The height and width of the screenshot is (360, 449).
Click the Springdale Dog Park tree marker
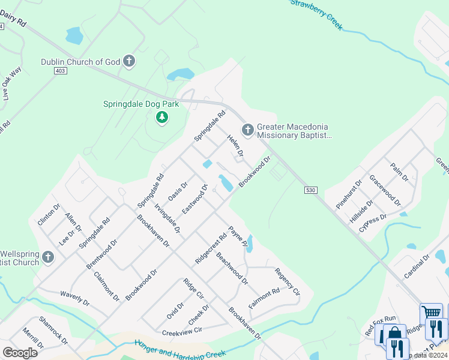pyautogui.click(x=161, y=117)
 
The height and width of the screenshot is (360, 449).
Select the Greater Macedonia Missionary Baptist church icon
pyautogui.click(x=247, y=130)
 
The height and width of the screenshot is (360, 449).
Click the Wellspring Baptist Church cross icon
pyautogui.click(x=48, y=257)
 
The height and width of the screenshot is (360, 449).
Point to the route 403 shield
pyautogui.click(x=59, y=71)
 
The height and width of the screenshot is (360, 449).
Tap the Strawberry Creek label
pyautogui.click(x=316, y=13)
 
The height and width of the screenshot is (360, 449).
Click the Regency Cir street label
pyautogui.click(x=287, y=281)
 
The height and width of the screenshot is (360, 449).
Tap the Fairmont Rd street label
pyautogui.click(x=264, y=299)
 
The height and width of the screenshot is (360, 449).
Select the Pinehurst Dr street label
pyautogui.click(x=349, y=194)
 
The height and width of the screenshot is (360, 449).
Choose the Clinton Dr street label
pyautogui.click(x=49, y=214)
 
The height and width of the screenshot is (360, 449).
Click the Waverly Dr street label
pyautogui.click(x=74, y=298)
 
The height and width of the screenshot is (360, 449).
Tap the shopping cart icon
pyautogui.click(x=431, y=312)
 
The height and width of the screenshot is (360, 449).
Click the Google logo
pyautogui.click(x=20, y=353)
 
